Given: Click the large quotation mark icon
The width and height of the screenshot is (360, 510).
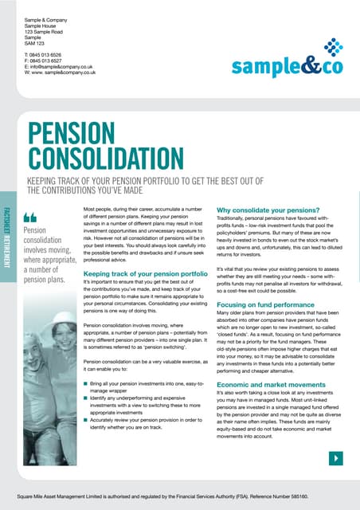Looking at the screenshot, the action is coord(31,217).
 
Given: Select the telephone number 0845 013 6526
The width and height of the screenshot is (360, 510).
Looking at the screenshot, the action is coord(56,54).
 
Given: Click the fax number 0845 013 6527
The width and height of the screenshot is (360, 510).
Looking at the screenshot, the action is coord(56,61).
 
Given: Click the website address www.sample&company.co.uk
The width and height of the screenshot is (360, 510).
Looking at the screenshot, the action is coord(67,75).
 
